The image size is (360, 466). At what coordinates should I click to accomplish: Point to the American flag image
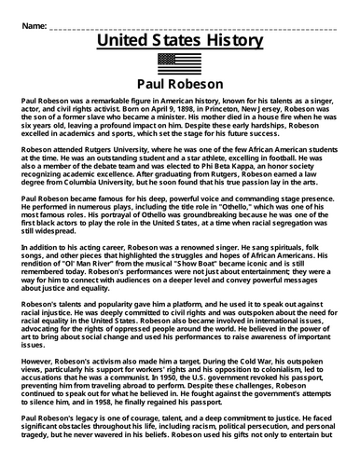pos(180,62)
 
